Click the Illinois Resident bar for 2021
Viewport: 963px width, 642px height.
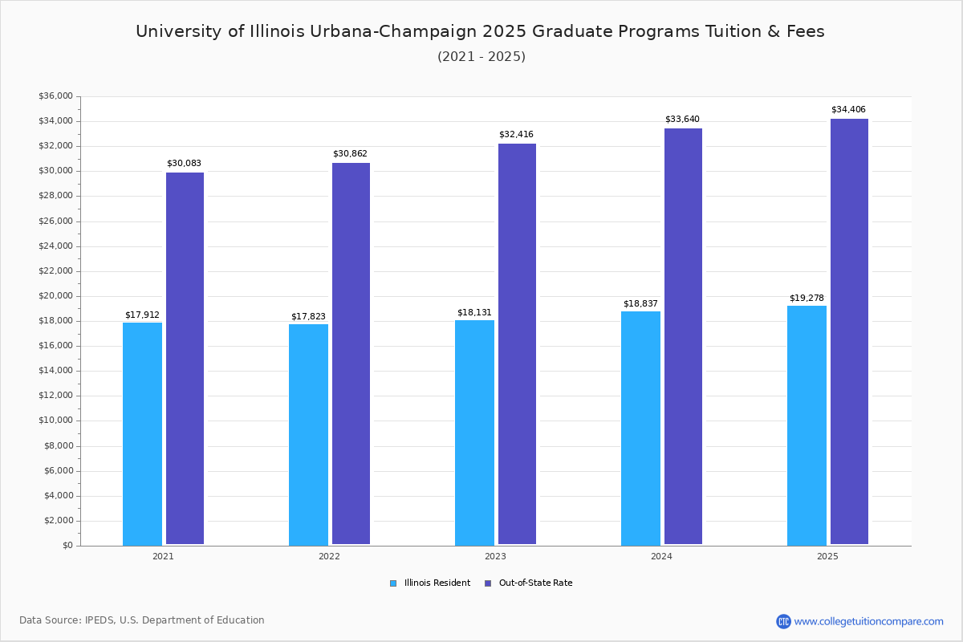(142, 433)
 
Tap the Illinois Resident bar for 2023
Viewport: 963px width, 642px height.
(474, 433)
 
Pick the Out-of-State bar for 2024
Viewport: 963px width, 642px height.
(683, 336)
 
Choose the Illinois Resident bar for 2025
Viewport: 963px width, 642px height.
(807, 425)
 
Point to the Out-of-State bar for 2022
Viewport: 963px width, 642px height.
(351, 354)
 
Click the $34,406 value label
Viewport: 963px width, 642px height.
(848, 110)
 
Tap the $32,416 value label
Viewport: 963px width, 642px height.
(516, 135)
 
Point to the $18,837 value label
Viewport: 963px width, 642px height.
(640, 304)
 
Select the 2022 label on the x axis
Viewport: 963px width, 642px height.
(329, 556)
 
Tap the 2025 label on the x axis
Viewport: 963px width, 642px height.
(827, 556)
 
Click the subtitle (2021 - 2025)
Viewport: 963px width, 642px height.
(481, 57)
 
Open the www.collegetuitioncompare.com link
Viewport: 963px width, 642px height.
(868, 621)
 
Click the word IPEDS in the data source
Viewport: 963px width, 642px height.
(99, 620)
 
